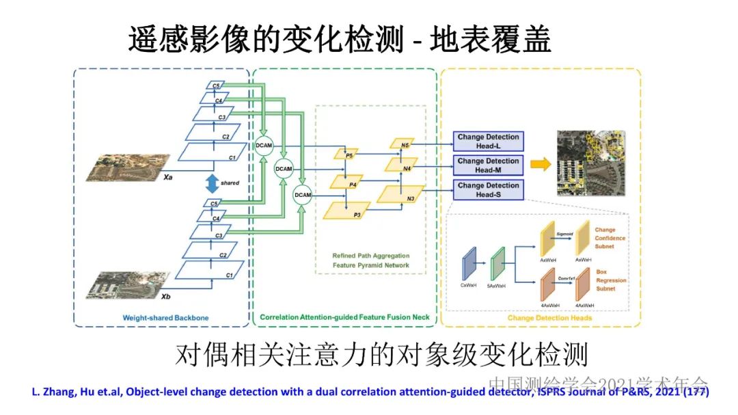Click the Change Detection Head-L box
click(488, 141)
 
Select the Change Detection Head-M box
click(488, 165)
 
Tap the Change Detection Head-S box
click(488, 189)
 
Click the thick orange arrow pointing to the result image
click(541, 163)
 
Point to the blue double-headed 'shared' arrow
click(212, 183)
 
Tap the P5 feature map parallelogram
click(346, 155)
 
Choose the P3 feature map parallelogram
click(346, 211)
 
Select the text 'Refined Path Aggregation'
click(370, 256)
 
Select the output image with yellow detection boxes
click(591, 163)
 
